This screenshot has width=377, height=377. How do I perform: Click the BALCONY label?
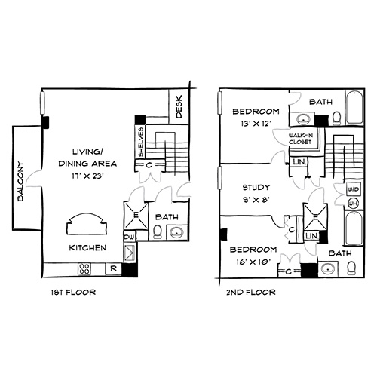pos(21,182)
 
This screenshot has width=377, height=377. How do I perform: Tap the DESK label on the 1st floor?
pos(179,106)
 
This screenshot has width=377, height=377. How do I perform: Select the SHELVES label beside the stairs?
pos(141,142)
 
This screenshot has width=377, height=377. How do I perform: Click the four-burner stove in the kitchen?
pos(84,268)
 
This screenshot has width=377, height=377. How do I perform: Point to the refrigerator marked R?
pos(114,268)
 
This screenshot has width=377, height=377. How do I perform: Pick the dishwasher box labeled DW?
pos(130,237)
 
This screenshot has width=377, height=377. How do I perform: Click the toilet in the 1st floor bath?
pos(158,231)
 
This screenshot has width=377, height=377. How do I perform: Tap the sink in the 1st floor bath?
pos(176,232)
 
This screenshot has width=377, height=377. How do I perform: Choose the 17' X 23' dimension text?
pos(87,176)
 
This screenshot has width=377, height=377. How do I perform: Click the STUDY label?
pos(256,187)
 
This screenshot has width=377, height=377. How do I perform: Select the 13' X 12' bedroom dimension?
pos(256,124)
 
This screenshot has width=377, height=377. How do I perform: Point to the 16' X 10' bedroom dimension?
pos(253,262)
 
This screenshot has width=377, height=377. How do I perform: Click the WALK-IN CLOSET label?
pos(301,139)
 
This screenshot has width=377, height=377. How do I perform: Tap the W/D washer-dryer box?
pos(354,189)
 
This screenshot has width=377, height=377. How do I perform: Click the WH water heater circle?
pos(354,204)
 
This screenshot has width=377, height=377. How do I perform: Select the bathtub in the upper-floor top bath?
pos(354,107)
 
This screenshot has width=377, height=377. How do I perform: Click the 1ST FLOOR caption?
pos(73,292)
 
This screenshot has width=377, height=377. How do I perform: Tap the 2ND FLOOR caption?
pos(251,292)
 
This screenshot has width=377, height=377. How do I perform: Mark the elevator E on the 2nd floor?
pos(316,216)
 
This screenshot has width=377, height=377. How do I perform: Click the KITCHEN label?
pos(87,248)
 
